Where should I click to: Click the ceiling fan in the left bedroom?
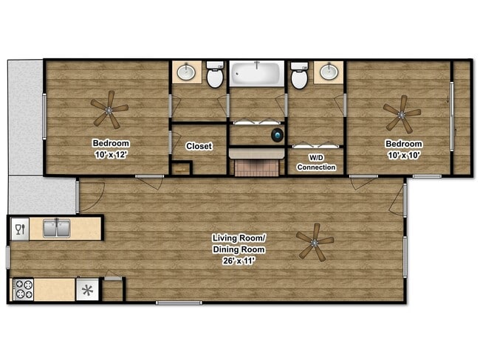click(x=110, y=110)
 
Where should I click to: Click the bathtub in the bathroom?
click(x=256, y=75)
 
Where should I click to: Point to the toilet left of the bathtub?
click(x=215, y=76)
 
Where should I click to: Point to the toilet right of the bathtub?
click(x=299, y=76)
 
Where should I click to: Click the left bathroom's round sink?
click(x=188, y=72)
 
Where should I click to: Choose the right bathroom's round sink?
click(x=328, y=72)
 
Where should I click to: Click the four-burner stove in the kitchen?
click(x=23, y=288)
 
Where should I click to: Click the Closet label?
click(x=199, y=146)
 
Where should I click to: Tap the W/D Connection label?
click(x=316, y=162)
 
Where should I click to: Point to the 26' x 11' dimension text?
click(x=238, y=260)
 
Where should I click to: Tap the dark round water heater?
click(x=277, y=135)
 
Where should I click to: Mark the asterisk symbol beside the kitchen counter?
click(x=87, y=289)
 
